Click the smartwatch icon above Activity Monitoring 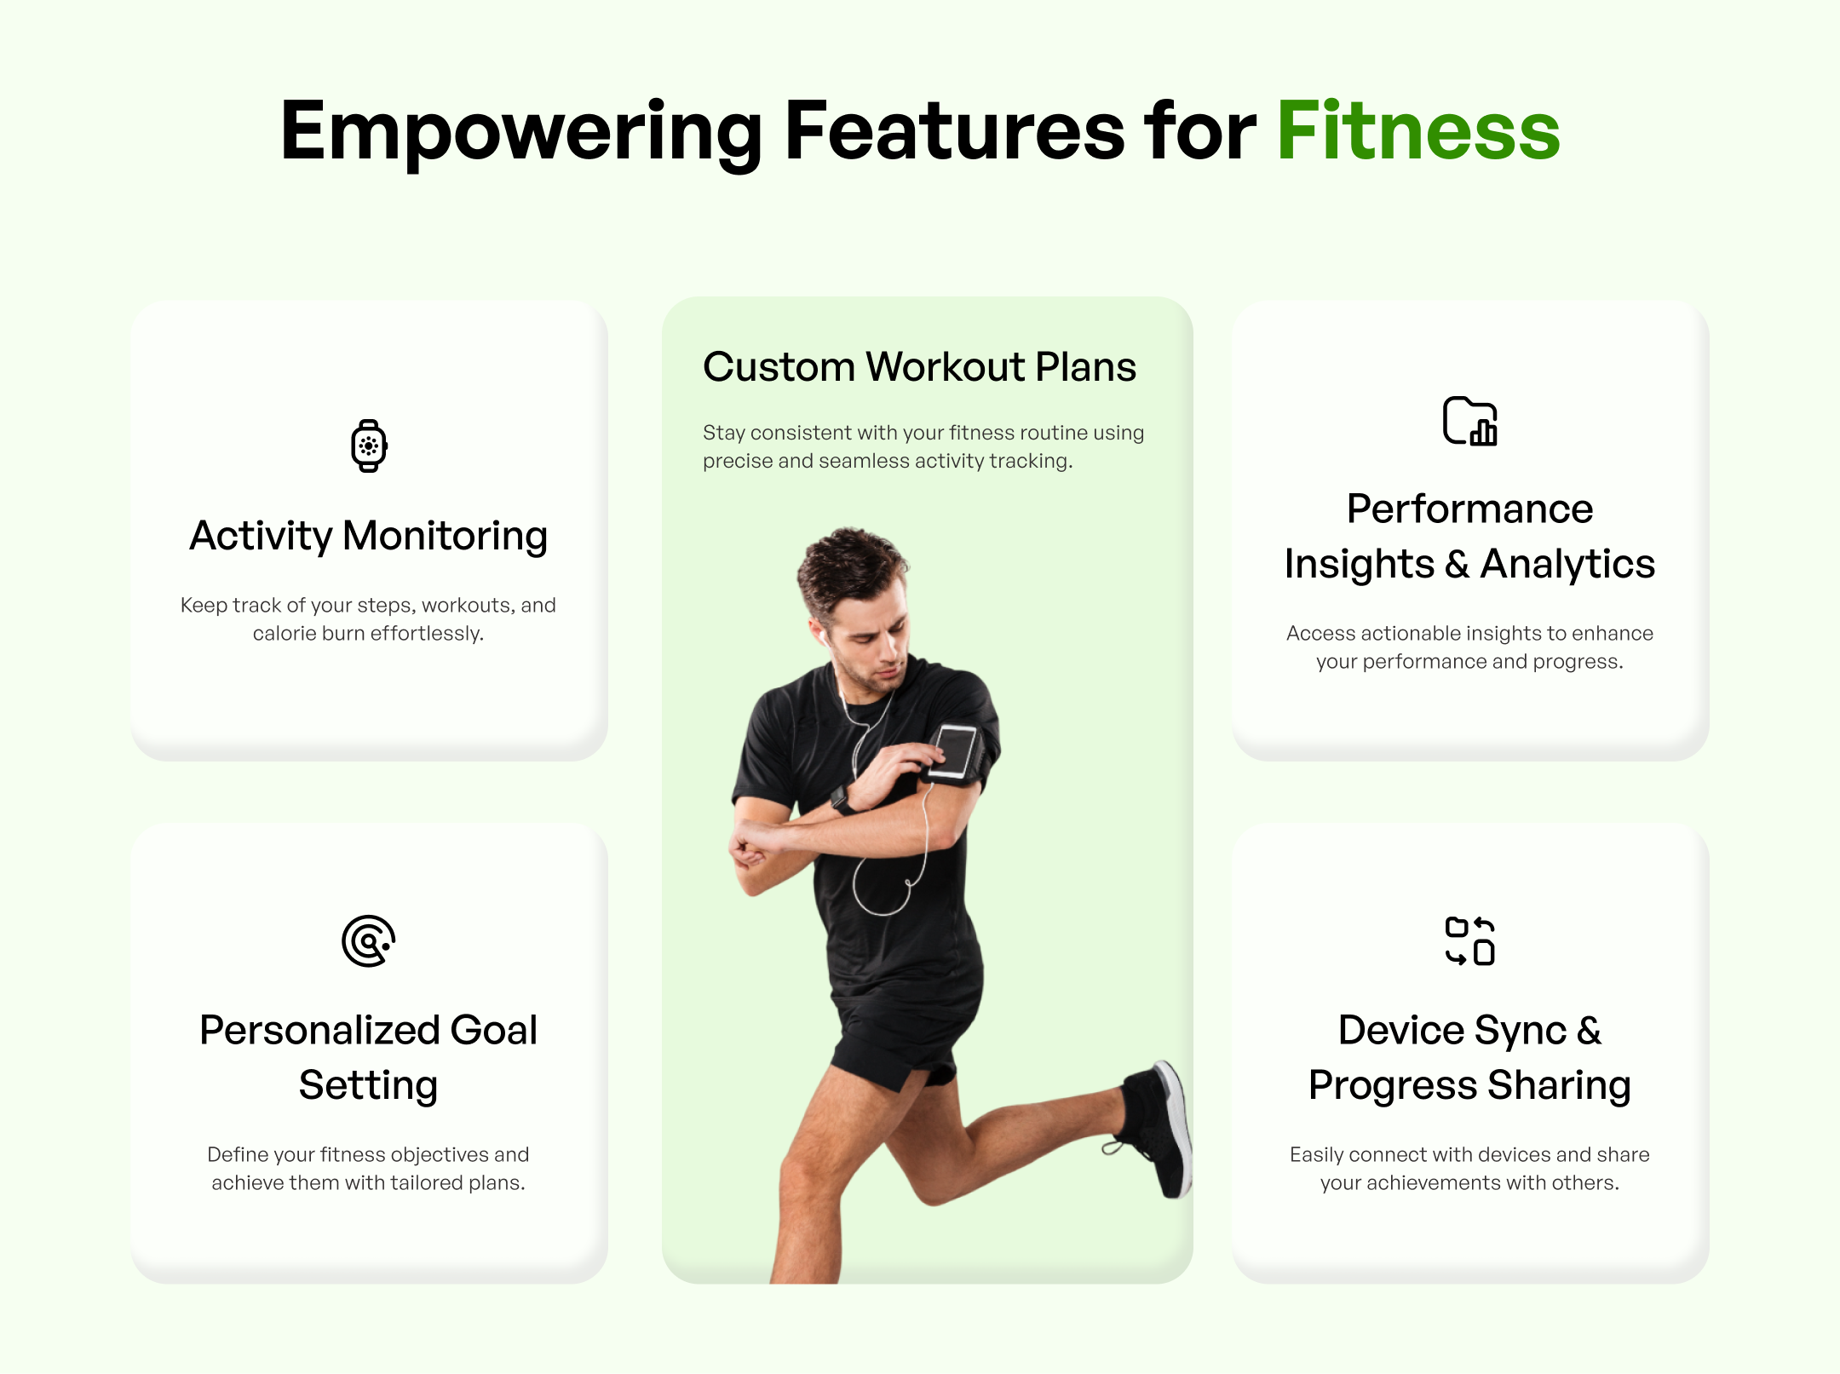(369, 446)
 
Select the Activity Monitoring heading (369, 537)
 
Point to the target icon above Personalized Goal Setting (369, 941)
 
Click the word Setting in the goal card (369, 1086)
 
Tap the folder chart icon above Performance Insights (1470, 421)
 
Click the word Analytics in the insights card (1567, 564)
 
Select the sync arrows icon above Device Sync (1470, 941)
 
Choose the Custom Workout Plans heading (919, 367)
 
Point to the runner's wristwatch (842, 799)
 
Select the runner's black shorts (903, 1043)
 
